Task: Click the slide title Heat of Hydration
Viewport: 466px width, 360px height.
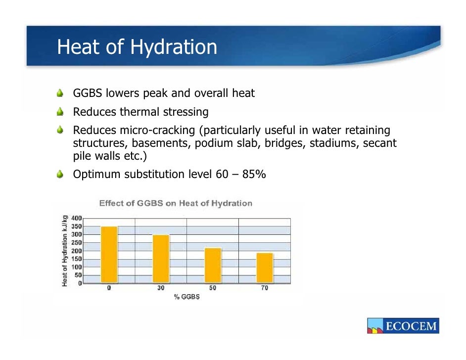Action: click(x=137, y=47)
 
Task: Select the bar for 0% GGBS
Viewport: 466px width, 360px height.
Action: click(x=109, y=254)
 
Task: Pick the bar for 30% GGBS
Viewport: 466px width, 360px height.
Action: click(x=161, y=259)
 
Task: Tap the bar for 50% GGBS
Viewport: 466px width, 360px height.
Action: click(x=213, y=265)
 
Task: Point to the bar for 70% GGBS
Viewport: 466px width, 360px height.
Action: click(x=265, y=268)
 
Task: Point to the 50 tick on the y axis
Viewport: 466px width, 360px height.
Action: click(x=78, y=275)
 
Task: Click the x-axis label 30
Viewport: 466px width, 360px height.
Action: click(x=161, y=288)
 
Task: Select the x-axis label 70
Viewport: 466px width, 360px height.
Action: click(x=265, y=288)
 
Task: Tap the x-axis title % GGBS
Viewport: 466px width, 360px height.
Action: click(x=186, y=297)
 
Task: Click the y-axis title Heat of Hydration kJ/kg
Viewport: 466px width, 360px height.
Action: click(x=65, y=251)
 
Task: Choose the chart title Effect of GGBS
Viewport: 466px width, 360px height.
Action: click(x=176, y=203)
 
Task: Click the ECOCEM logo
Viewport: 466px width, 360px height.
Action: click(x=403, y=326)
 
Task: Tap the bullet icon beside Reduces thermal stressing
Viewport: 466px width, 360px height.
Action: click(x=60, y=112)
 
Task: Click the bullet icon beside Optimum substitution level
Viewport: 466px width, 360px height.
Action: click(x=60, y=174)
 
